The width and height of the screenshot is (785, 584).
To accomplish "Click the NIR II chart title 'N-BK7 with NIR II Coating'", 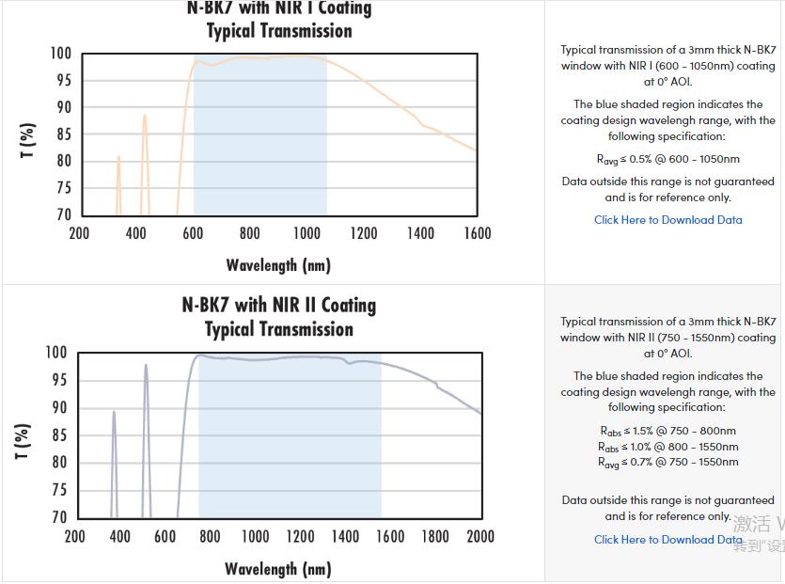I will coord(278,306).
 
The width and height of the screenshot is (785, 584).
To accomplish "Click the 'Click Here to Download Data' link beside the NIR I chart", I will coord(667,220).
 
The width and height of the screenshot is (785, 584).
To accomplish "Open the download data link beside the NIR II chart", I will coord(667,540).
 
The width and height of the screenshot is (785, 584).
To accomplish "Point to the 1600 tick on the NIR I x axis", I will coord(477,233).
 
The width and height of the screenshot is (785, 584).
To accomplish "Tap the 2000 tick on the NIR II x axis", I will coord(480,536).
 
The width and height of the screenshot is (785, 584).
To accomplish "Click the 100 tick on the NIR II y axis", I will coord(56,353).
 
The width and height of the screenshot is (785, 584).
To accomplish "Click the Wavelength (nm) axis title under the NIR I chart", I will coord(278,265).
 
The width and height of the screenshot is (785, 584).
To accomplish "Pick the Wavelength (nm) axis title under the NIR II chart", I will coord(277,569).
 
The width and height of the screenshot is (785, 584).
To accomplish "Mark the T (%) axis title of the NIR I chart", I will coord(27,139).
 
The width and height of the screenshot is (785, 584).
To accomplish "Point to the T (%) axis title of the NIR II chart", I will coord(24,440).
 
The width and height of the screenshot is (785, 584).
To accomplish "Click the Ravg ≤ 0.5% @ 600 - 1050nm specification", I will coord(667,160).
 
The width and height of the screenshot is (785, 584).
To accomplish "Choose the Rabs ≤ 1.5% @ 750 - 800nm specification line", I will coord(667,431).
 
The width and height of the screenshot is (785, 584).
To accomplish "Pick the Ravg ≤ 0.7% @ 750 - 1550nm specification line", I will coord(667,462).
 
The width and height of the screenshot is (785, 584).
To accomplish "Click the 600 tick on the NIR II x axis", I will coord(165,536).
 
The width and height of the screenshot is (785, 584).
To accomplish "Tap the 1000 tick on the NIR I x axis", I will coord(306,233).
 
